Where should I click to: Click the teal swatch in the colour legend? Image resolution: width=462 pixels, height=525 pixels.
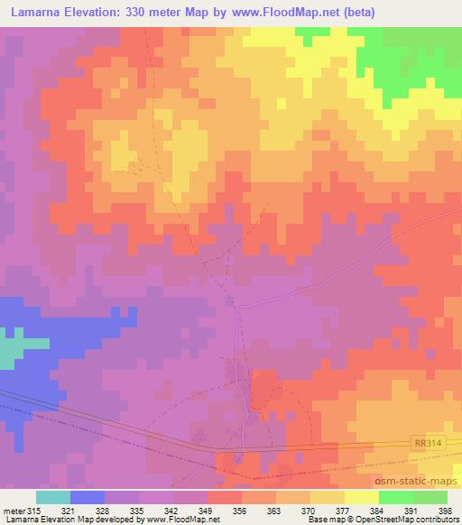pos(53,497)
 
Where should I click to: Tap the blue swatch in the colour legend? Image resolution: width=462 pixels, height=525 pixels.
pos(88,497)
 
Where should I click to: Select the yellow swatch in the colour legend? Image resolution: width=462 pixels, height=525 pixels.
pos(362,497)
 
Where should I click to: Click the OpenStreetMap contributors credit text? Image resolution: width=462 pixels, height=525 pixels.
pos(406,520)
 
